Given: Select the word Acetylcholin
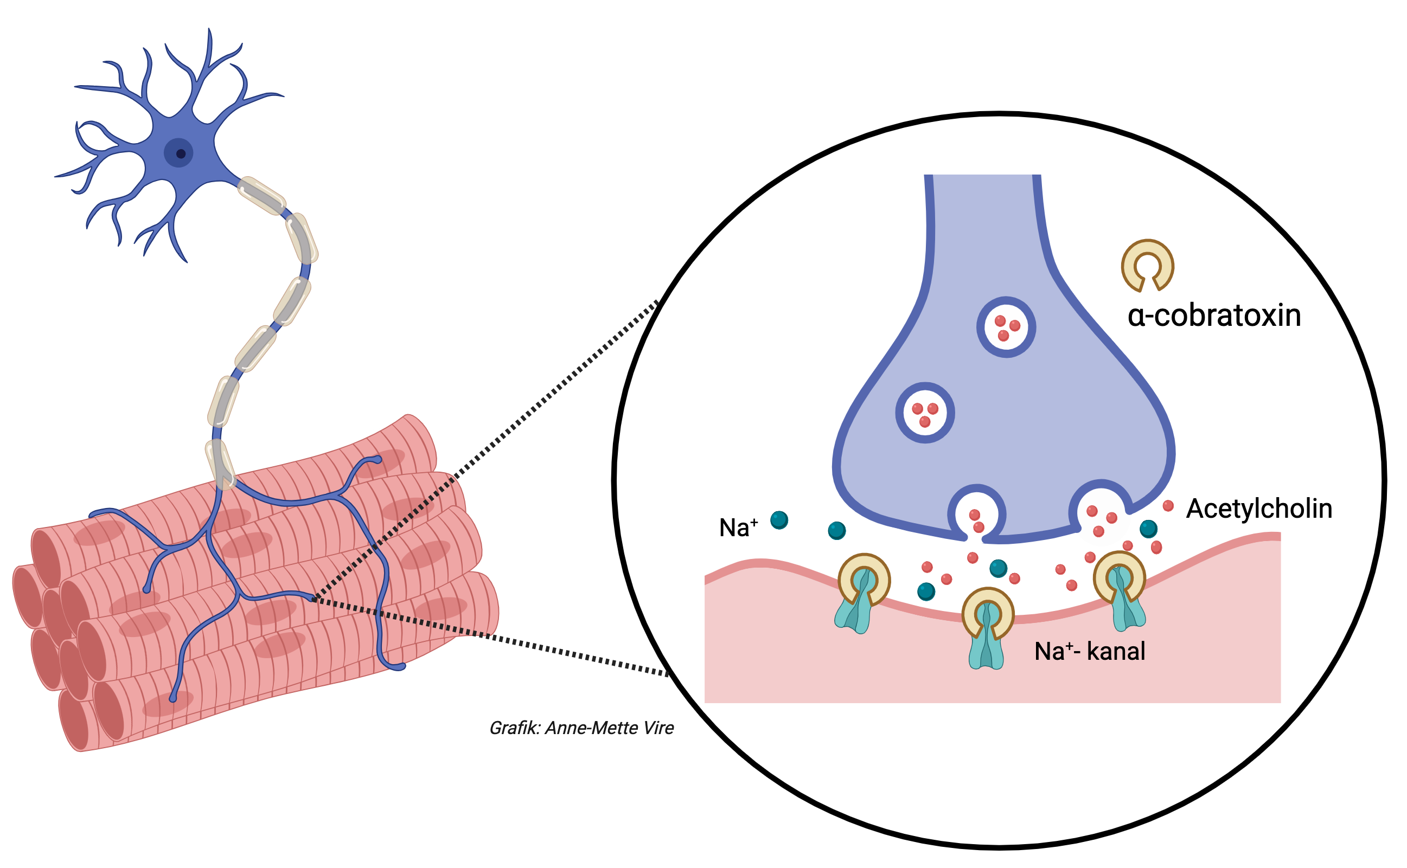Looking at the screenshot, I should [1259, 509].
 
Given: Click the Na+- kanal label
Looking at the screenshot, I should [1089, 652].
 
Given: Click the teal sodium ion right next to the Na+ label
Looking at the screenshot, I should [779, 520].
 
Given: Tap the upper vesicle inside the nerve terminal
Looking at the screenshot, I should [1006, 328].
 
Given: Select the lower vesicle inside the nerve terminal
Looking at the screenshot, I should [925, 413].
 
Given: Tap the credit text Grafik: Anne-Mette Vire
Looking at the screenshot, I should [581, 728].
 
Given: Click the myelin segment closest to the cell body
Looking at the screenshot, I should [261, 196].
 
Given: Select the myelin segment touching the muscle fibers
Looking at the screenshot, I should [221, 465].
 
